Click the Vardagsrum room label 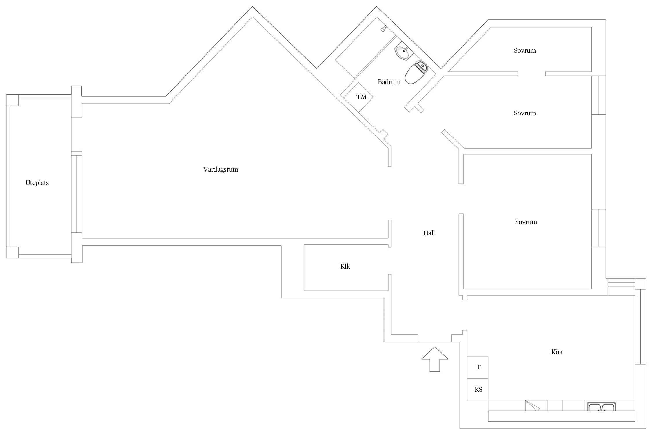[x=221, y=170]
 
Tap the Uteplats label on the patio [x=37, y=183]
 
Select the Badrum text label [x=389, y=82]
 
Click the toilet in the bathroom [x=415, y=73]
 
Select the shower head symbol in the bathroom [x=384, y=28]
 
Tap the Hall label [x=429, y=233]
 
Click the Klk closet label [x=345, y=267]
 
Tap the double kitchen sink [x=601, y=407]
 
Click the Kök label [x=557, y=352]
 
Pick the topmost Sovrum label [x=525, y=51]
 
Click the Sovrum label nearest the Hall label [x=526, y=222]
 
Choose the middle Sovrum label [x=525, y=113]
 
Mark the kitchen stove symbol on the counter [x=536, y=405]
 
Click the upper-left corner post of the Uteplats [x=12, y=100]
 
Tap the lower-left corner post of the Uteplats [x=12, y=252]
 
